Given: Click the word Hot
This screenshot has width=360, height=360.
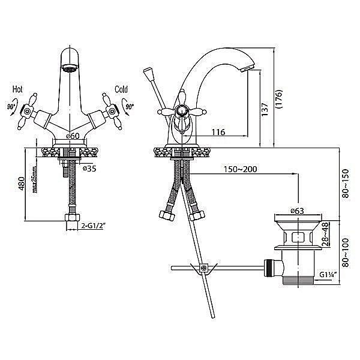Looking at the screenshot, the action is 17,89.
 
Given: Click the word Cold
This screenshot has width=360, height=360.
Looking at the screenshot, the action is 121,89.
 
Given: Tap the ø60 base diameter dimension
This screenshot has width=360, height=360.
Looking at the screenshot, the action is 73,136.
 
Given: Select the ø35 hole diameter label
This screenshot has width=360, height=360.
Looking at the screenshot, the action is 89,169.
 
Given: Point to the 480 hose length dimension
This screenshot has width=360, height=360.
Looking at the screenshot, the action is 22,184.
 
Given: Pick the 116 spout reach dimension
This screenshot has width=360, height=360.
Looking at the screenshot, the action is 218,132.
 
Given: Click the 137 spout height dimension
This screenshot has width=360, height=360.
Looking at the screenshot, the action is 265,109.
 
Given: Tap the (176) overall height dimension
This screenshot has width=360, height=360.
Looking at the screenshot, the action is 278,99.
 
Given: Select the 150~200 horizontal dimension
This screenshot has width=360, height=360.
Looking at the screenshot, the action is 241,169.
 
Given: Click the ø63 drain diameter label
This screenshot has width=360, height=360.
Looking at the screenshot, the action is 297,211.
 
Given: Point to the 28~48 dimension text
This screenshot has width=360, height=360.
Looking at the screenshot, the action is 325,234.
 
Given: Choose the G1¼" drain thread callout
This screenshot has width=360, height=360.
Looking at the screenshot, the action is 328,274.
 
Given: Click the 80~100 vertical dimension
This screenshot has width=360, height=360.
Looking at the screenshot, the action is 345,253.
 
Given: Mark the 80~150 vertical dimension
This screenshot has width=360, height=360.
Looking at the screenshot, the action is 345,184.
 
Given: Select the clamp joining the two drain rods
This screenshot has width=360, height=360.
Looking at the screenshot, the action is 203,268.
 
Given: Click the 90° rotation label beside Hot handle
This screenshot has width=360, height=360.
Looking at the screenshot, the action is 12,107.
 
